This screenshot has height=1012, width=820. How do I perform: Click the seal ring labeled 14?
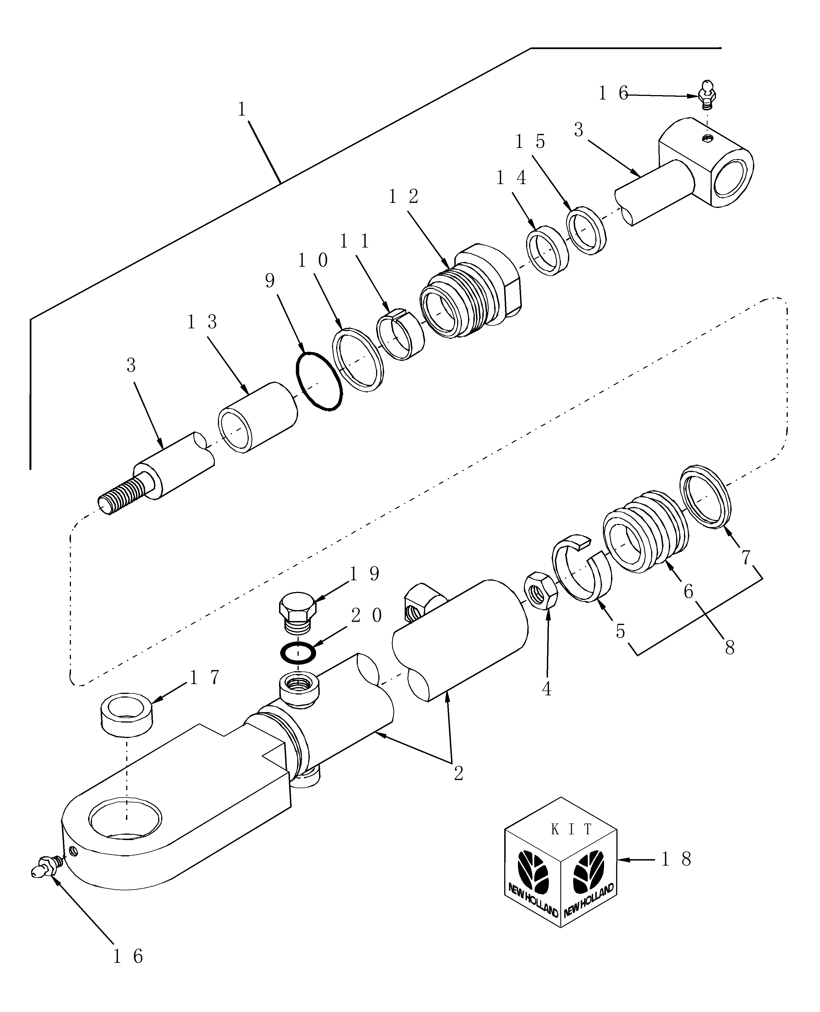(x=548, y=250)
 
